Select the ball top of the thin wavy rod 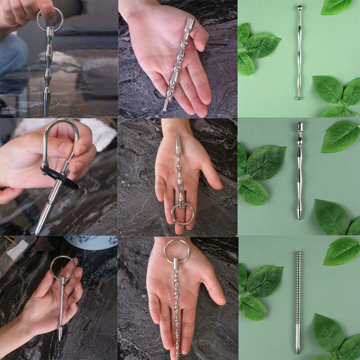pyautogui.click(x=299, y=8)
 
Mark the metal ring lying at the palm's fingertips pyautogui.click(x=182, y=213)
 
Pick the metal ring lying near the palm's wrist pyautogui.click(x=176, y=250)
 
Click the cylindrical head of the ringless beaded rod pyautogui.click(x=189, y=24)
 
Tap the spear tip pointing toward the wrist pyautogui.click(x=178, y=137)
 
